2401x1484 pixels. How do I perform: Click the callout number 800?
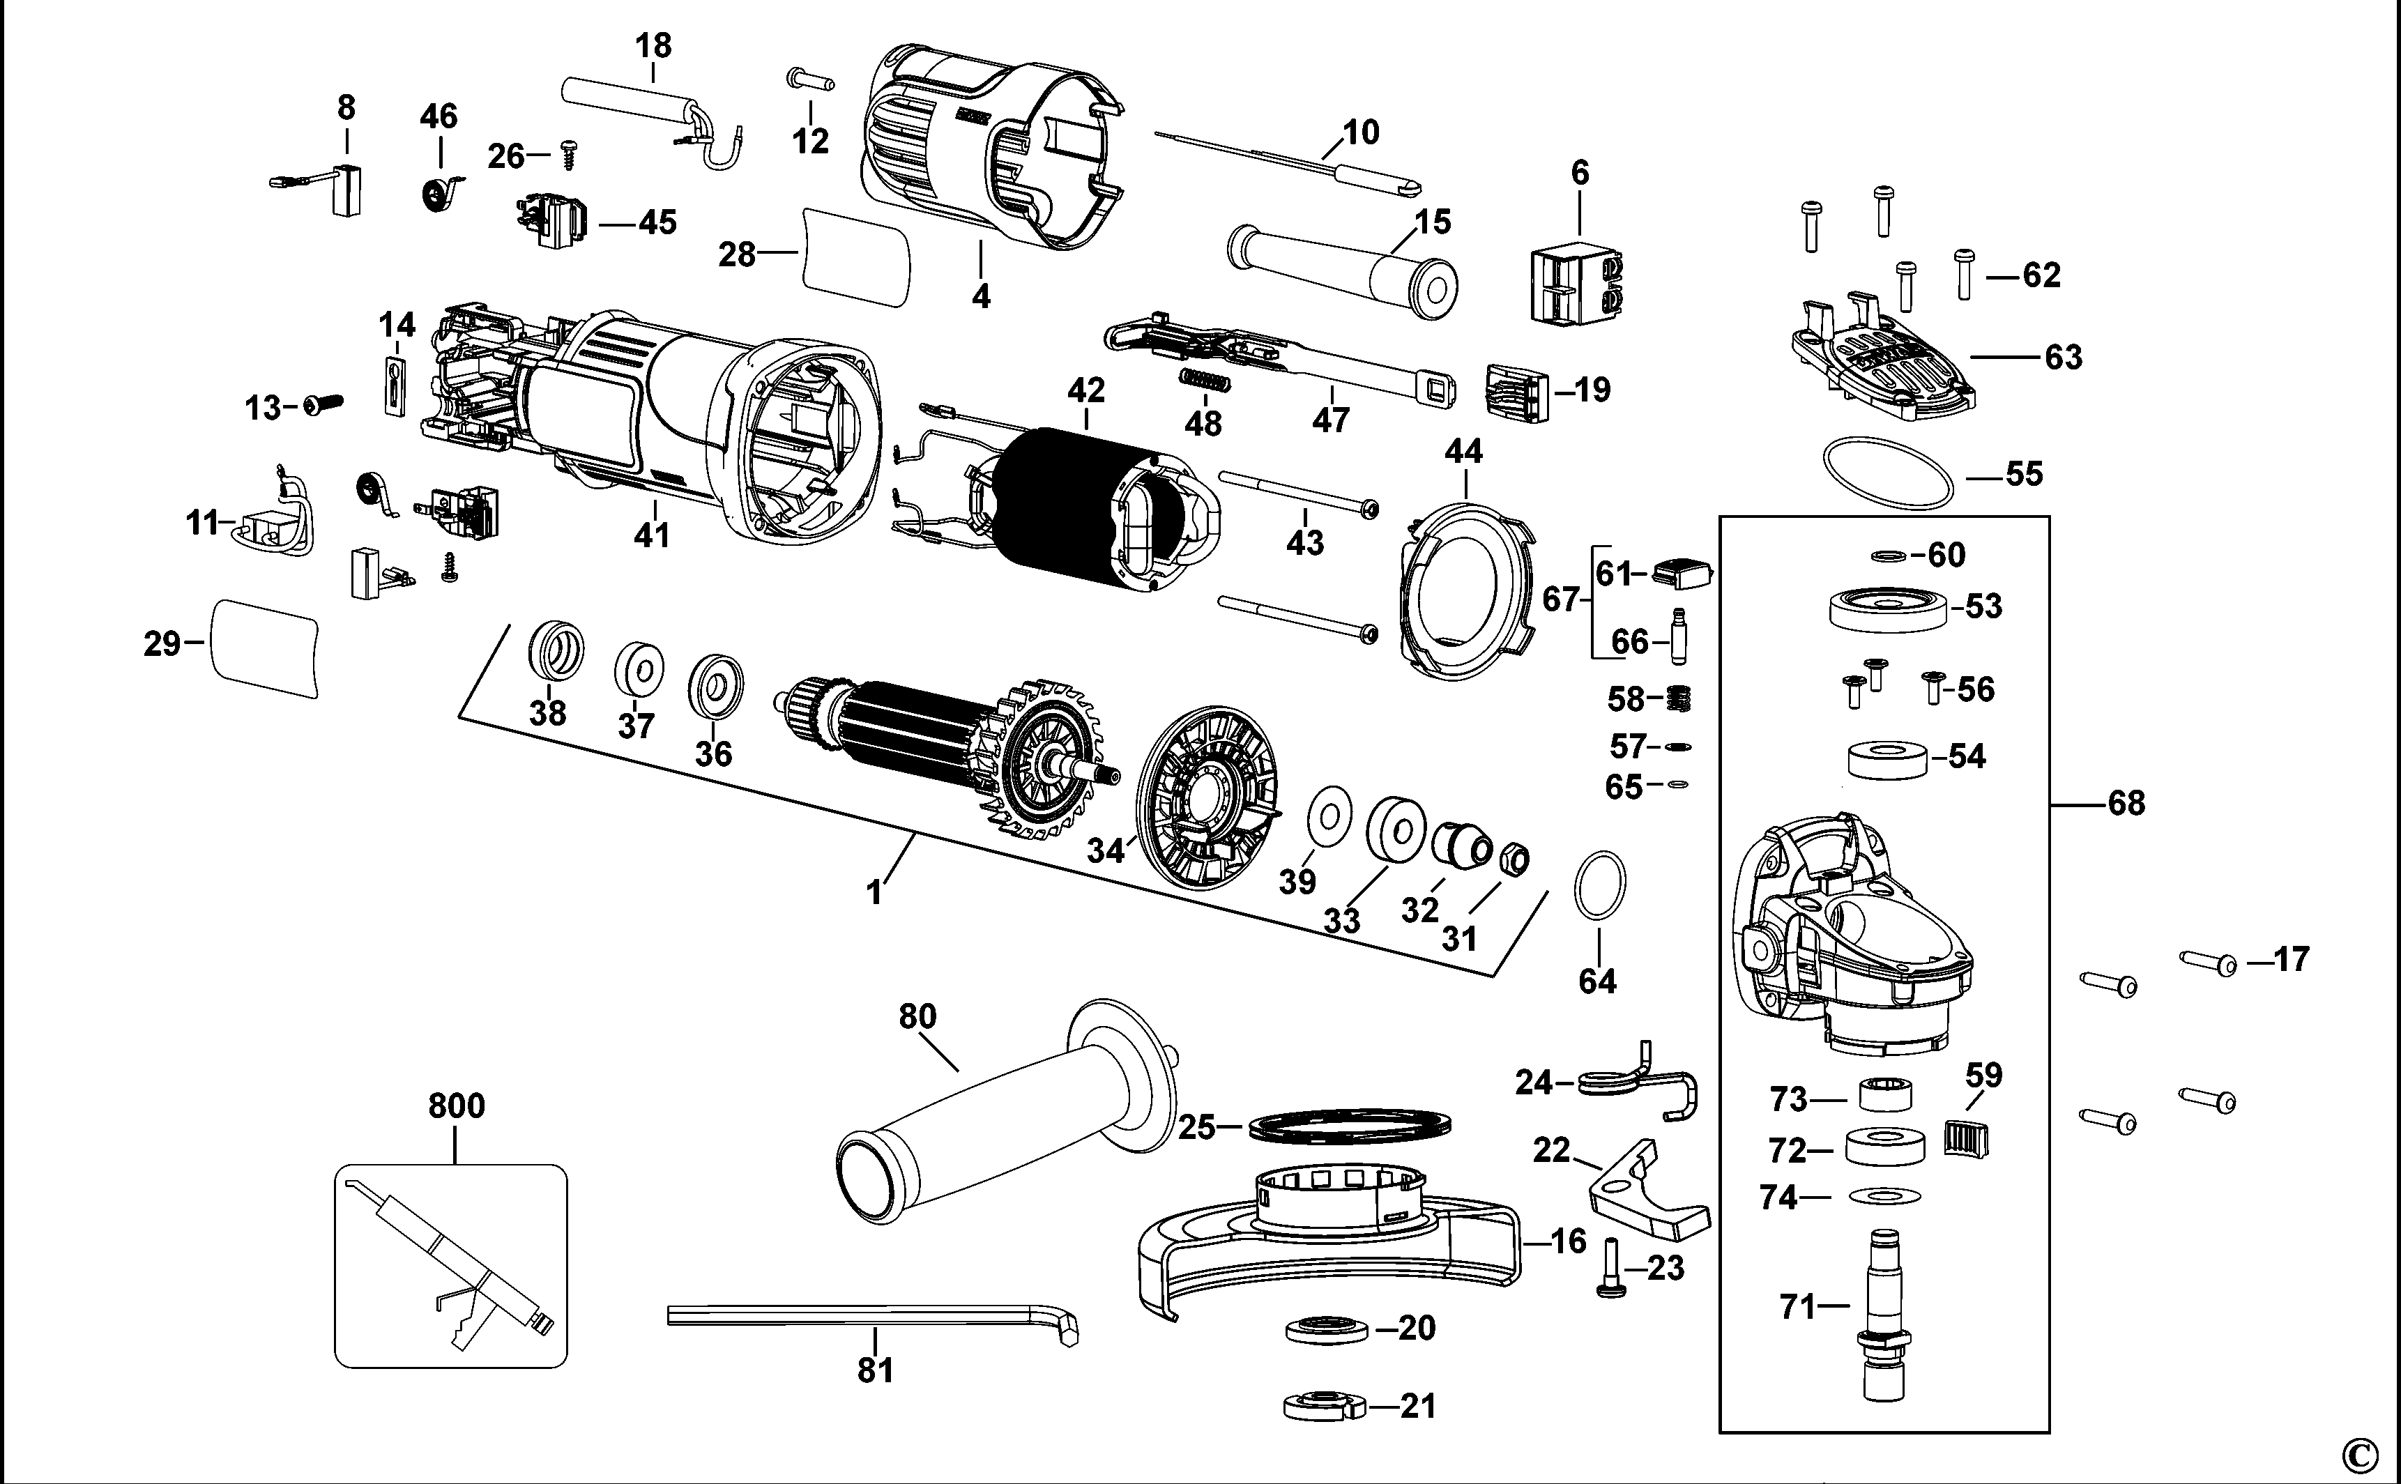tap(457, 1106)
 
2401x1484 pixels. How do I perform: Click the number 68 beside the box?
tap(2126, 804)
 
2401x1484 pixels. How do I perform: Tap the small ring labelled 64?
tap(1600, 885)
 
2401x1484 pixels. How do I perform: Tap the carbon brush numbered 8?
tap(346, 190)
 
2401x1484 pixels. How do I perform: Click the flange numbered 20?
tap(1325, 1331)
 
